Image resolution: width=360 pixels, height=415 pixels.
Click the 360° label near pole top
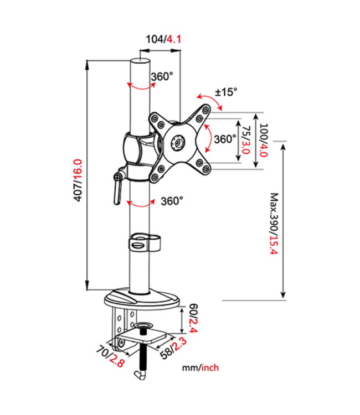pyautogui.click(x=161, y=77)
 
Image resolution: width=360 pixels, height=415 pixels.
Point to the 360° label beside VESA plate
pyautogui.click(x=225, y=138)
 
